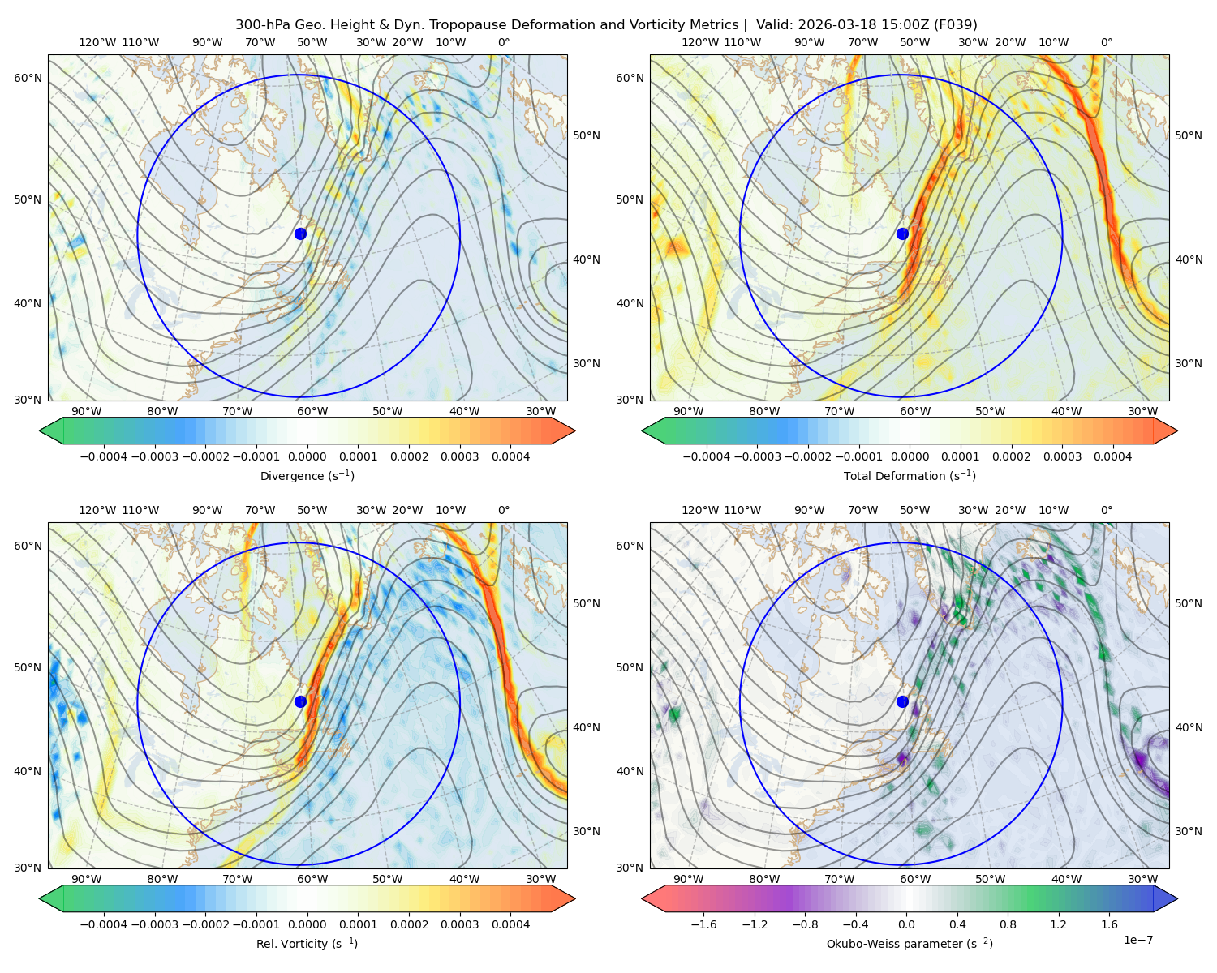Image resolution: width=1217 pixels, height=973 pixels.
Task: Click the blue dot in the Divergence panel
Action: point(300,234)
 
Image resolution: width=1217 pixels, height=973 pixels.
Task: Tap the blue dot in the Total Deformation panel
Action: point(902,234)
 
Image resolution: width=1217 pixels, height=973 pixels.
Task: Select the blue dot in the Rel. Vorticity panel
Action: point(300,701)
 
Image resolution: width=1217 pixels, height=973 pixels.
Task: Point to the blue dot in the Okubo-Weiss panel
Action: point(902,701)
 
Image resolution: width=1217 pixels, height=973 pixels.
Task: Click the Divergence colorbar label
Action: point(307,475)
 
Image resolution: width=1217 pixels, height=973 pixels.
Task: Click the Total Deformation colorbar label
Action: point(910,475)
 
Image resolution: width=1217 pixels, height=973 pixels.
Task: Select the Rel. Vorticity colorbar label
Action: point(307,944)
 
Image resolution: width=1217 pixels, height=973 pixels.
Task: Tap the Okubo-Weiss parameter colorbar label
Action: point(910,944)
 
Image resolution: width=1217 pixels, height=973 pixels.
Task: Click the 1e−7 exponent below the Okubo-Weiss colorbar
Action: point(1137,941)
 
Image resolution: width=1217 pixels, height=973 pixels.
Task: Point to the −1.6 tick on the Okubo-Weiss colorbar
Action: point(703,924)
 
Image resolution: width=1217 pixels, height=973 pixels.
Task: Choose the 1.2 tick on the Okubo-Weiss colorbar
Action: point(1058,924)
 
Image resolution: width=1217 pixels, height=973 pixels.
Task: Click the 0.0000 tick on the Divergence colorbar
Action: point(307,456)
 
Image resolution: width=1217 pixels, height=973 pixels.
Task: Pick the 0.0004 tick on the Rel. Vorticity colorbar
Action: point(510,924)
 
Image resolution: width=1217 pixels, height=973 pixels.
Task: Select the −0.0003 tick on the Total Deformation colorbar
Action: point(757,456)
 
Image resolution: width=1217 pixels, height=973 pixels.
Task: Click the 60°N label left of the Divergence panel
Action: point(28,78)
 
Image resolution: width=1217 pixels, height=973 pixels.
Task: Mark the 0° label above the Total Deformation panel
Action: point(1106,42)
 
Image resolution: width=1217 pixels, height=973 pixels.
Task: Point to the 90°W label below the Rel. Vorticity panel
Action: point(87,879)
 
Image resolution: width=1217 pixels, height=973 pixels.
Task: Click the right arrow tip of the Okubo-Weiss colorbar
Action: point(1177,898)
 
